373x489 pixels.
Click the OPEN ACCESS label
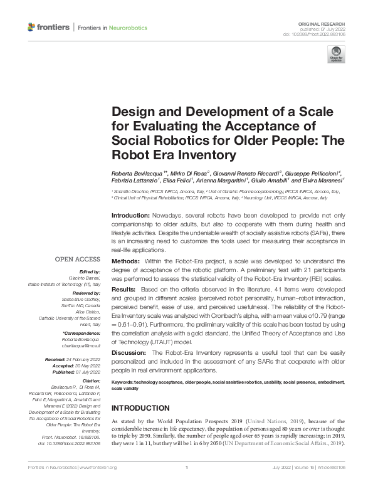(x=77, y=259)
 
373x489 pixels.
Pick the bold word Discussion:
(x=129, y=354)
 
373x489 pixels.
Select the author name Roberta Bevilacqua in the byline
(x=137, y=172)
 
